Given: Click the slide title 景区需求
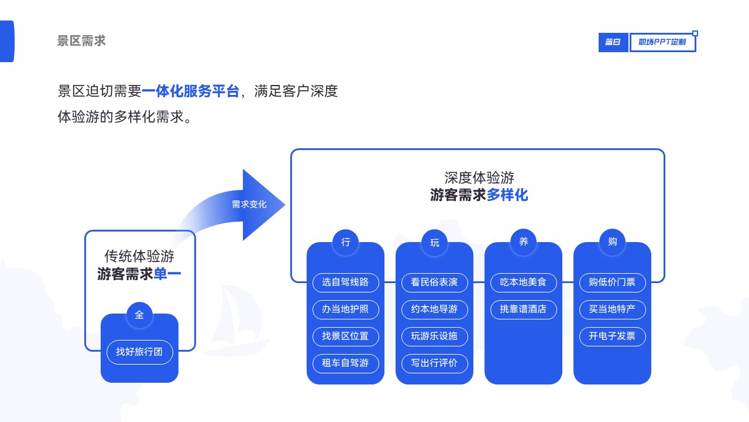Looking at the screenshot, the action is point(81,41).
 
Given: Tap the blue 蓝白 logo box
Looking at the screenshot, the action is point(613,42).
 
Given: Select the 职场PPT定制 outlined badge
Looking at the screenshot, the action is point(662,42).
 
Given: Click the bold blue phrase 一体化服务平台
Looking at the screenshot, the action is point(191,91).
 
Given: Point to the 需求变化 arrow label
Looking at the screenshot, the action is point(249,205).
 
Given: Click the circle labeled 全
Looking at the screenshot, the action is point(139,315).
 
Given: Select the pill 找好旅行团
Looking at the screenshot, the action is point(139,352).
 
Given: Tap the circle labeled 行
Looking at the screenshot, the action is point(345,242).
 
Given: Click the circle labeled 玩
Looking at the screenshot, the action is point(434,243).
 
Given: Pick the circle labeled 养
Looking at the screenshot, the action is point(523,242).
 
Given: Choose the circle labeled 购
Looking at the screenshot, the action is point(612,242).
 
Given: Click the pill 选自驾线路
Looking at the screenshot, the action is point(345,283).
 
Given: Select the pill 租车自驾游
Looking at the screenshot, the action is point(345,363).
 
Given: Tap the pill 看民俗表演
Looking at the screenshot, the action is point(434,283).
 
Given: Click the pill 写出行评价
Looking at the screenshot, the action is point(434,363).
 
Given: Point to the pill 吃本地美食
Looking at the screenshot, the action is point(523,283).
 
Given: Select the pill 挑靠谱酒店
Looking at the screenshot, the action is point(523,309).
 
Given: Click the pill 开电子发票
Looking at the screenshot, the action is point(612,336).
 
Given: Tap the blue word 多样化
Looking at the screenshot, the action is point(507,195).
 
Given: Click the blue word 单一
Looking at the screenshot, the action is point(167,274).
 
